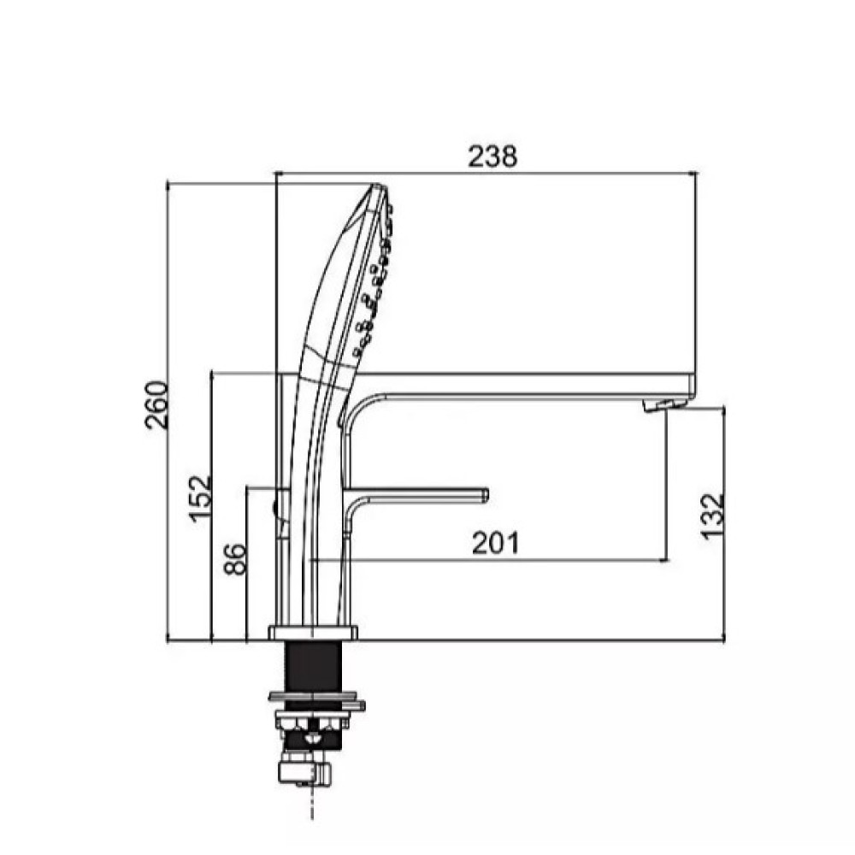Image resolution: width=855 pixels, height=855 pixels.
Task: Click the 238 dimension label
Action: click(x=492, y=157)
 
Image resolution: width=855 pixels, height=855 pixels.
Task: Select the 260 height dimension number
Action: click(x=157, y=405)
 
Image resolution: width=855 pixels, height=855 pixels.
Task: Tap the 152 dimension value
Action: click(x=199, y=499)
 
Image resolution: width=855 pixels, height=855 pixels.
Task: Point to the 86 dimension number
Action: click(x=235, y=559)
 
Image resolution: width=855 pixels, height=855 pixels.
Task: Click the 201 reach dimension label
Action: click(x=496, y=543)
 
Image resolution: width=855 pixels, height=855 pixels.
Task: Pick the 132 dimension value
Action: click(x=712, y=517)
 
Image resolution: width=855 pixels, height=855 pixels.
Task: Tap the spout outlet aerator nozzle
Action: click(x=663, y=404)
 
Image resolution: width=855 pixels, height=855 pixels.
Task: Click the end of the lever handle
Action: click(x=486, y=495)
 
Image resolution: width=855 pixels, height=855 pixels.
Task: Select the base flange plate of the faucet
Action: click(x=313, y=633)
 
